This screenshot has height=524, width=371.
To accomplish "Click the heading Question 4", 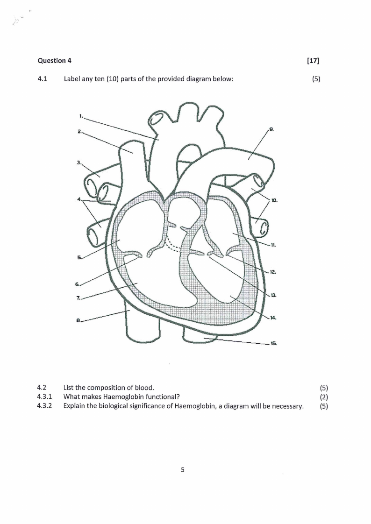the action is pos(55,61).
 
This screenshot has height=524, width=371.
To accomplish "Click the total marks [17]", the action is pos(313,61).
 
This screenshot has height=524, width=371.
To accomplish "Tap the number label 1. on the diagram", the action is pos(81,116).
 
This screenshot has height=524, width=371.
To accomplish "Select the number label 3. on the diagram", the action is pos(79,163).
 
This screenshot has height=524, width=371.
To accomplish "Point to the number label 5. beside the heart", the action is pos(79,257).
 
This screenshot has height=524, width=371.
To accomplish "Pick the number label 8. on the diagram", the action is pos(78,320).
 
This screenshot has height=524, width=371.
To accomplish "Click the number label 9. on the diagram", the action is pos(272,129).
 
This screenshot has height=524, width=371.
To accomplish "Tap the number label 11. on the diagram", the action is pos(273,245).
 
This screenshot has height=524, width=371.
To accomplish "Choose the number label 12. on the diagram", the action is pos(273,272).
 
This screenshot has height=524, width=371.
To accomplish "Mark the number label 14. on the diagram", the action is pos(273,318).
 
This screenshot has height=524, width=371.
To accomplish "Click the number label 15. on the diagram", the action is pos(273,343).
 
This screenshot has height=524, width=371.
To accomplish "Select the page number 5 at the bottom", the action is pos(183,470).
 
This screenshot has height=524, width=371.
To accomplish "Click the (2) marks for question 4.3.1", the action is pos(324,397).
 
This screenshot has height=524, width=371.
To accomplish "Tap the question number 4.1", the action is pos(42,79).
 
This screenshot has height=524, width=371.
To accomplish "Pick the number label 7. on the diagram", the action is pos(78,298).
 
